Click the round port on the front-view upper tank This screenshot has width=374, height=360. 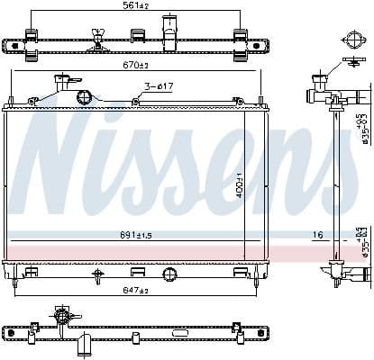point(84,96)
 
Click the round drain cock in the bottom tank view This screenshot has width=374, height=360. point(62,316)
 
